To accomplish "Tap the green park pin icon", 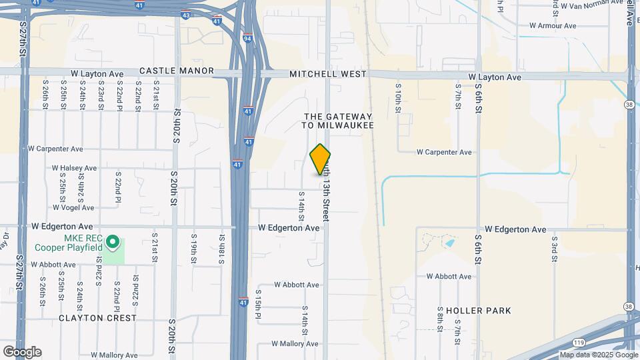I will [113, 241].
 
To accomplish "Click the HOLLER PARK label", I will [474, 311].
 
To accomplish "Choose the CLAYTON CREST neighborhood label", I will [97, 318].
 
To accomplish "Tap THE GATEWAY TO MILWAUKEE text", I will [337, 121].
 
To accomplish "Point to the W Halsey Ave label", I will [75, 168].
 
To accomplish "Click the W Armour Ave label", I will [553, 26].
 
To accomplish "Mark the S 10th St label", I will [397, 97].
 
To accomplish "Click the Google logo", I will [22, 351].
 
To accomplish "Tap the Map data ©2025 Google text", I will [595, 355].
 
